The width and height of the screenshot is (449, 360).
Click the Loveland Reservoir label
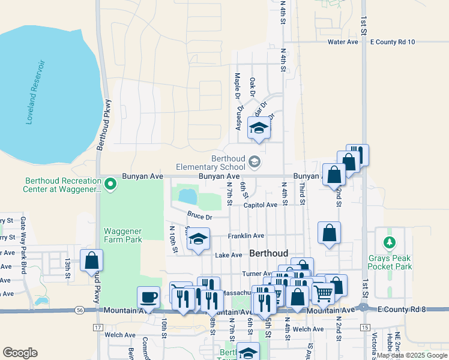click(x=35, y=92)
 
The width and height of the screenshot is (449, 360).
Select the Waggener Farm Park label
click(x=122, y=235)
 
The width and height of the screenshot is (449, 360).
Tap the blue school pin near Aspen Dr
click(x=259, y=129)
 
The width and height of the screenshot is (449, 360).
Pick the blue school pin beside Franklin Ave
click(x=198, y=240)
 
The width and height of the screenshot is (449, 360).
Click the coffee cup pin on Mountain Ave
click(x=148, y=296)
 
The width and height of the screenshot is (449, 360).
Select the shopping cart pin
click(x=323, y=293)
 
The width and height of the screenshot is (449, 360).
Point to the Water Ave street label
click(x=343, y=42)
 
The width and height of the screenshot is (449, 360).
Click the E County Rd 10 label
click(x=393, y=42)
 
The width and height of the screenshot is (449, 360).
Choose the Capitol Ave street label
click(x=261, y=205)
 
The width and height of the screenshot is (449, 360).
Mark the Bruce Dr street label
click(x=199, y=216)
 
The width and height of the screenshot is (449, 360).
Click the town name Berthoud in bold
click(x=268, y=253)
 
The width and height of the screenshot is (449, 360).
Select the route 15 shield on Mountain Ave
click(x=365, y=327)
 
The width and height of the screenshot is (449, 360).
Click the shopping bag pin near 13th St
click(x=92, y=260)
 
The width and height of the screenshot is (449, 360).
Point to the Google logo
click(x=20, y=352)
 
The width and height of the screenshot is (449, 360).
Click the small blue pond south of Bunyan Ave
click(x=187, y=196)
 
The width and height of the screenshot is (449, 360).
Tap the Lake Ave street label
click(x=228, y=255)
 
